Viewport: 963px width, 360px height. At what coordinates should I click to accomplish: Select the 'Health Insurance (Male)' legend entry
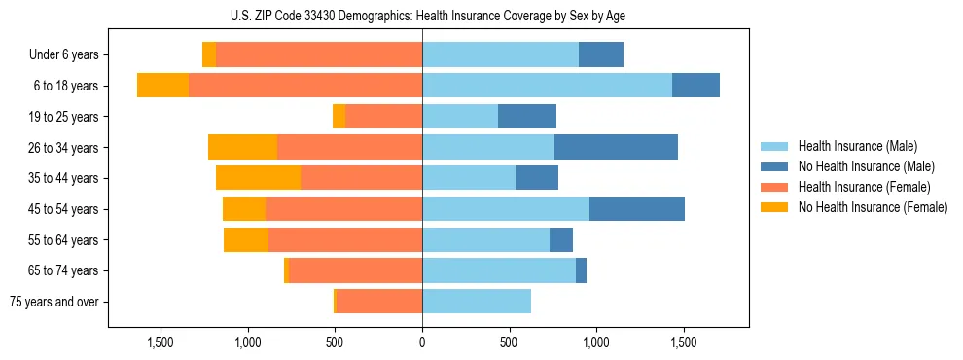click(856, 146)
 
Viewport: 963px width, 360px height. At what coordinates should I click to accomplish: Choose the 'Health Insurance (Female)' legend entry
click(864, 187)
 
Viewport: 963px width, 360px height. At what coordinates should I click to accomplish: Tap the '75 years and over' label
click(54, 302)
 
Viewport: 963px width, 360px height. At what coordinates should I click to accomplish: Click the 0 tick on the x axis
click(422, 342)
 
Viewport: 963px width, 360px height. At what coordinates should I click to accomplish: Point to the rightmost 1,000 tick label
click(596, 342)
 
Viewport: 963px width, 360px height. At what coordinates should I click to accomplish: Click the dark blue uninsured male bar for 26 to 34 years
click(616, 148)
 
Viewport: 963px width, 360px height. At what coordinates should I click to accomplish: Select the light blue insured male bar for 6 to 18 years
click(547, 86)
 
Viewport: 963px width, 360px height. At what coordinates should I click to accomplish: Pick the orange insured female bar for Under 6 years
click(319, 55)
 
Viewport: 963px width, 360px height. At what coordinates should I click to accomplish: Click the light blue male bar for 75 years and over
click(477, 302)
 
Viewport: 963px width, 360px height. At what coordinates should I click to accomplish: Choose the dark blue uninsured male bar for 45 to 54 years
click(637, 209)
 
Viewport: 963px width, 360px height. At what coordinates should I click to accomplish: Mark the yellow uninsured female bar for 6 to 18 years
click(162, 86)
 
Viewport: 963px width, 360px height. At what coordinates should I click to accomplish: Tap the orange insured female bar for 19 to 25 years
click(383, 117)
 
